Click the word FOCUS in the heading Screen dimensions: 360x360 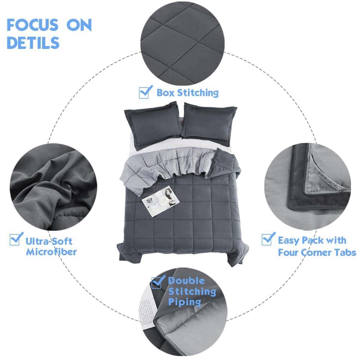[32, 25]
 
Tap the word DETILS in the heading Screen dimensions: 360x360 [33, 43]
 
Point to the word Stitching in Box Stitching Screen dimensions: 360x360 [198, 93]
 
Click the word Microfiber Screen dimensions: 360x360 [51, 252]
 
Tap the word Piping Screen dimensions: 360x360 [185, 302]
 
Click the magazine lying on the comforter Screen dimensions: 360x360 [161, 201]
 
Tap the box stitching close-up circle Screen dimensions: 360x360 [182, 44]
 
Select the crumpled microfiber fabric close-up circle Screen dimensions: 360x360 [53, 187]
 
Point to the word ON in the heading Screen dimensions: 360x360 [79, 25]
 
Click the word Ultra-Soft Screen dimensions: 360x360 [49, 241]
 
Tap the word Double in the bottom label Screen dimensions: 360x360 [186, 280]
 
